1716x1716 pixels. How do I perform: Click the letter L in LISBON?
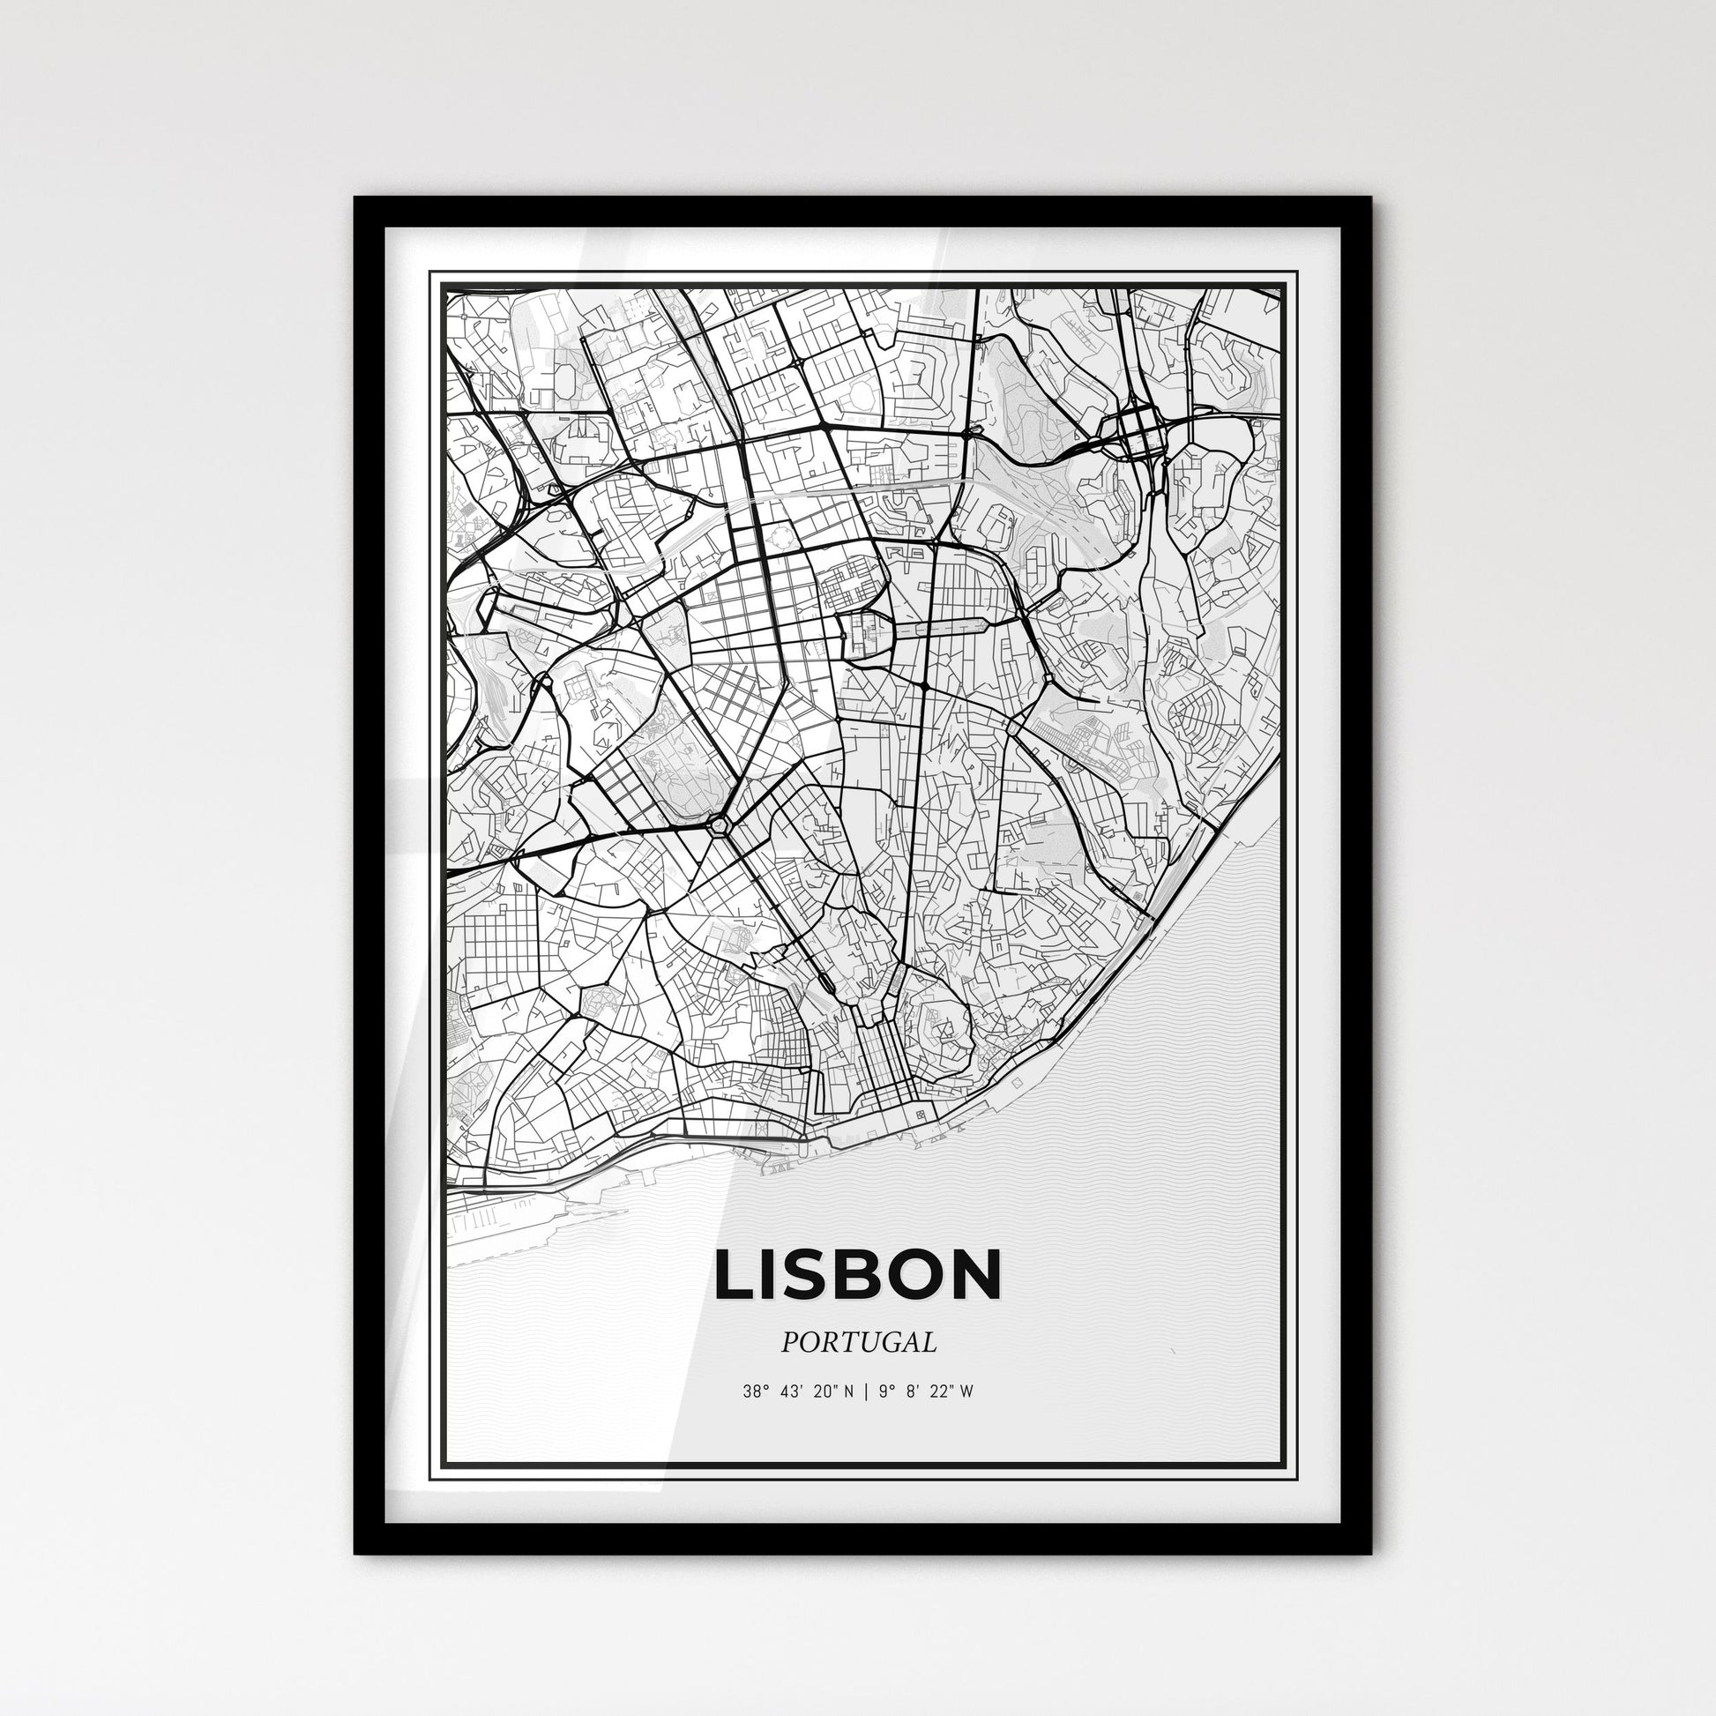click(735, 1274)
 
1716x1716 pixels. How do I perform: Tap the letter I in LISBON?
click(772, 1274)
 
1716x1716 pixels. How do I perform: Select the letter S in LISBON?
click(810, 1274)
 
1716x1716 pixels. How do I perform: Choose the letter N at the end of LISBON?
click(974, 1274)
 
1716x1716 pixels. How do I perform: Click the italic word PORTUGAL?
click(858, 1342)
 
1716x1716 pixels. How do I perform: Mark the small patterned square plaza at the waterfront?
click(921, 1114)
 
